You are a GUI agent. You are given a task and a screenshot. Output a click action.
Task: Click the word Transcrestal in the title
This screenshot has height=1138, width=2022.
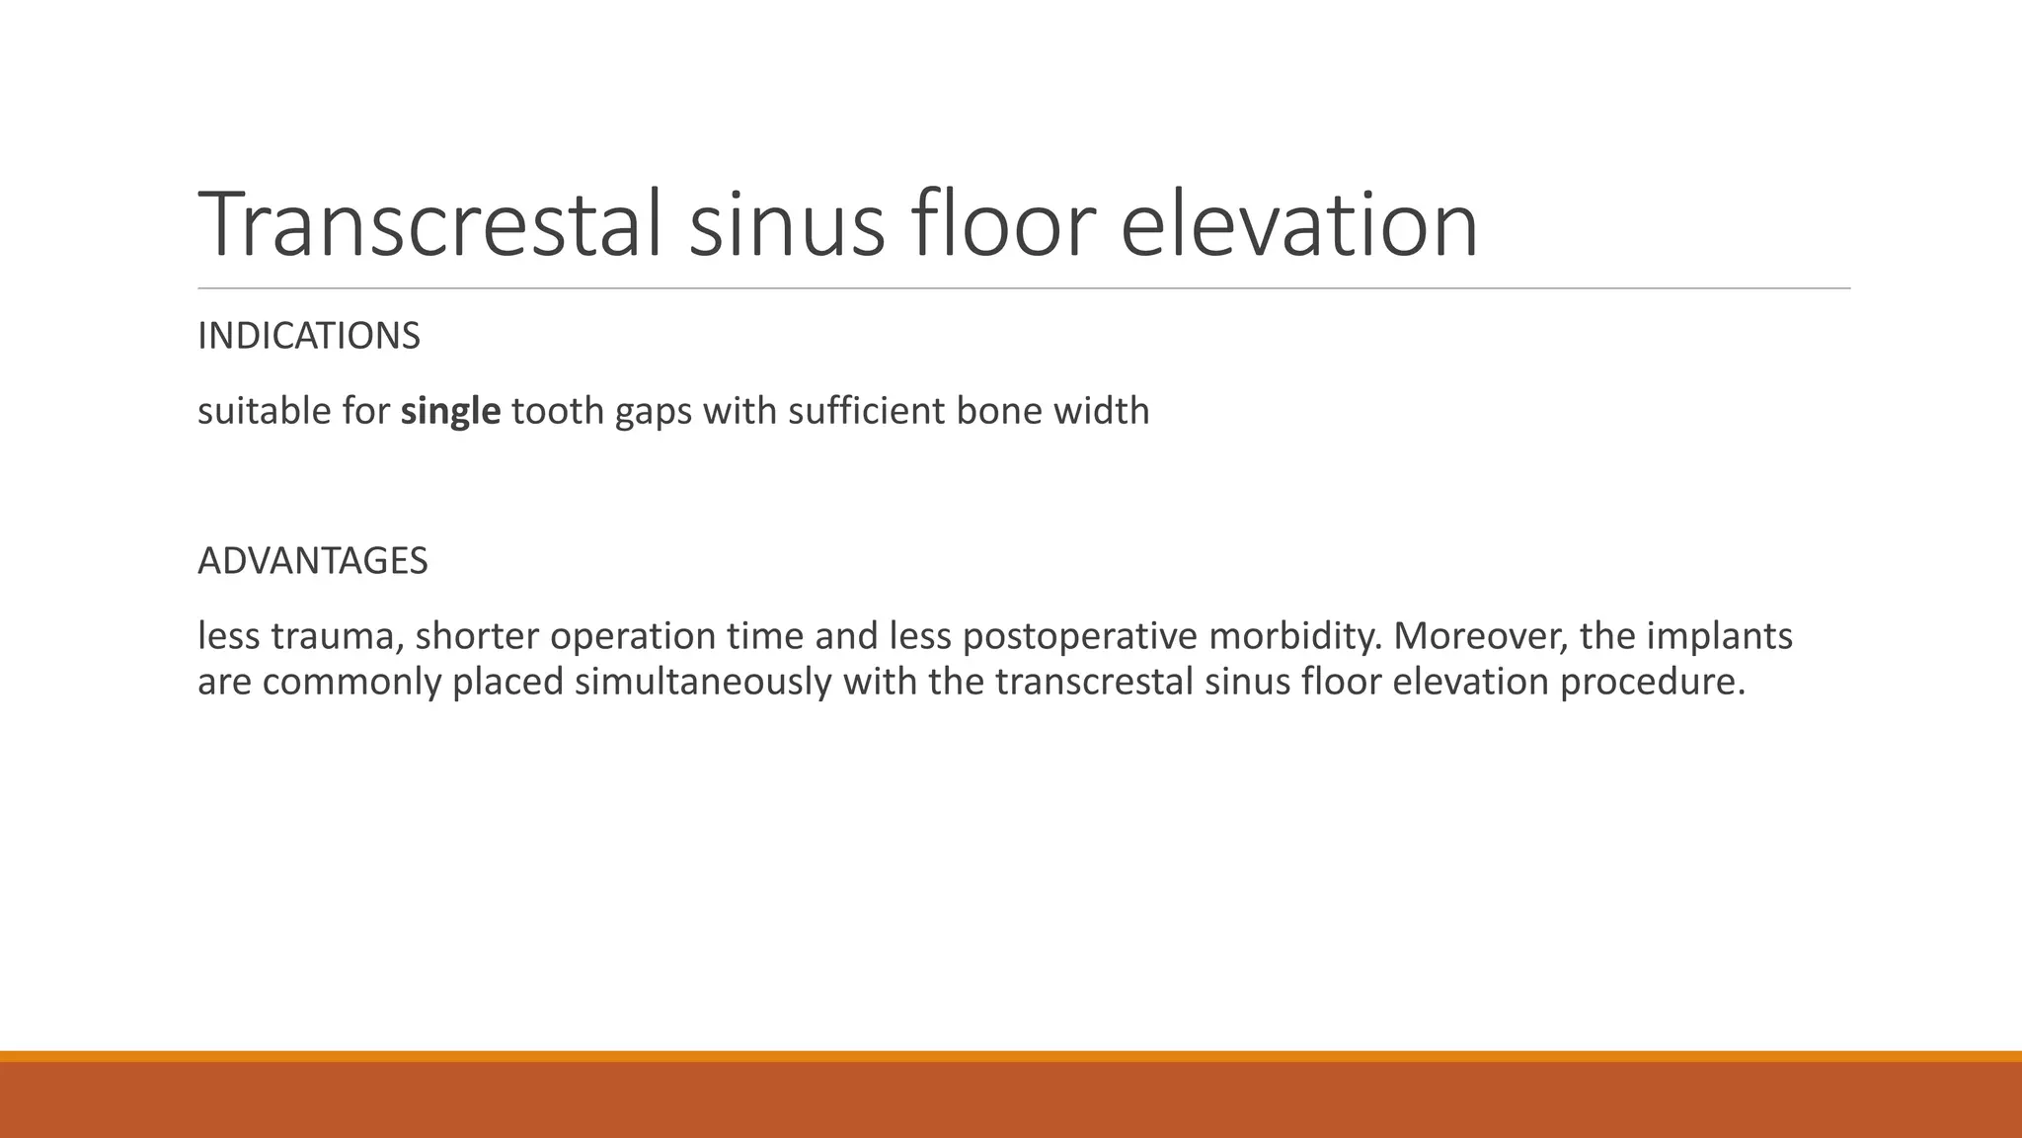tap(429, 225)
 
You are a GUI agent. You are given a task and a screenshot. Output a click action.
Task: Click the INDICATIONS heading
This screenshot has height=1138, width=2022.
tap(309, 337)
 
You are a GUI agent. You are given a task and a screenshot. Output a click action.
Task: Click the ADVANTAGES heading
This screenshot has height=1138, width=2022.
tap(313, 561)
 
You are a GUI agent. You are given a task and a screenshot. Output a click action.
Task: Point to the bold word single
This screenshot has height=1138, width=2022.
tap(450, 411)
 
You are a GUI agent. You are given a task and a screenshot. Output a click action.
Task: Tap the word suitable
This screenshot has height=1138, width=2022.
tap(264, 411)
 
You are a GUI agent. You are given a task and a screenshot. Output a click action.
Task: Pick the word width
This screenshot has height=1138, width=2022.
tap(1101, 411)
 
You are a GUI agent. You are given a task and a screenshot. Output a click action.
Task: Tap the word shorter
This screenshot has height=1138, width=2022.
tap(476, 636)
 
